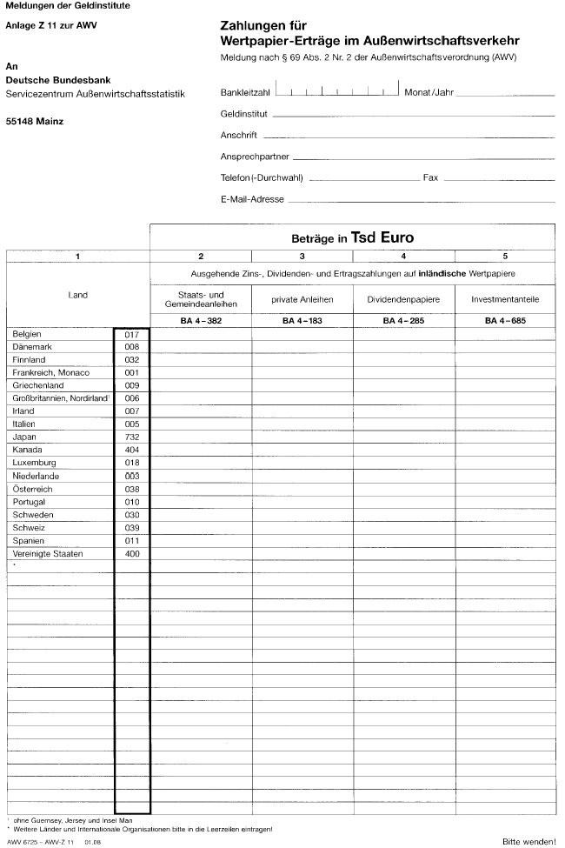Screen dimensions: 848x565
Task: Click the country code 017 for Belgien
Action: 132,334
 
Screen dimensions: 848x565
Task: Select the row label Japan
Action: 25,437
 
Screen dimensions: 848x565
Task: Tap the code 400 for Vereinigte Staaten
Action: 132,553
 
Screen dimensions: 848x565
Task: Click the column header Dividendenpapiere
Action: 403,299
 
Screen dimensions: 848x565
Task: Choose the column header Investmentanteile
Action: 505,299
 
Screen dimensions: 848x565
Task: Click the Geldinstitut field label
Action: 244,114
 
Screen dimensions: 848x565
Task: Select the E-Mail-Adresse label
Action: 252,199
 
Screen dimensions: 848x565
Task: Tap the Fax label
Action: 430,177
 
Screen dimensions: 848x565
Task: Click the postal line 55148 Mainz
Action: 35,121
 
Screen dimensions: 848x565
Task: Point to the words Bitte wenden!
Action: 528,841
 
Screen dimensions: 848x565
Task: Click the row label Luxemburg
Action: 34,463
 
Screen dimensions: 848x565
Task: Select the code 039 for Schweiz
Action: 132,527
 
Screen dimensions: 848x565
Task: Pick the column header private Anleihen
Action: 302,299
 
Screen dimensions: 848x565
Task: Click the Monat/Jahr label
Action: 429,92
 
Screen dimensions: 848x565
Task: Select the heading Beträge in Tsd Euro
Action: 352,237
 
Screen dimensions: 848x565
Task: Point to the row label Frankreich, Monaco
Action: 51,372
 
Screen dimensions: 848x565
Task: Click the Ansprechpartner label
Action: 256,157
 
